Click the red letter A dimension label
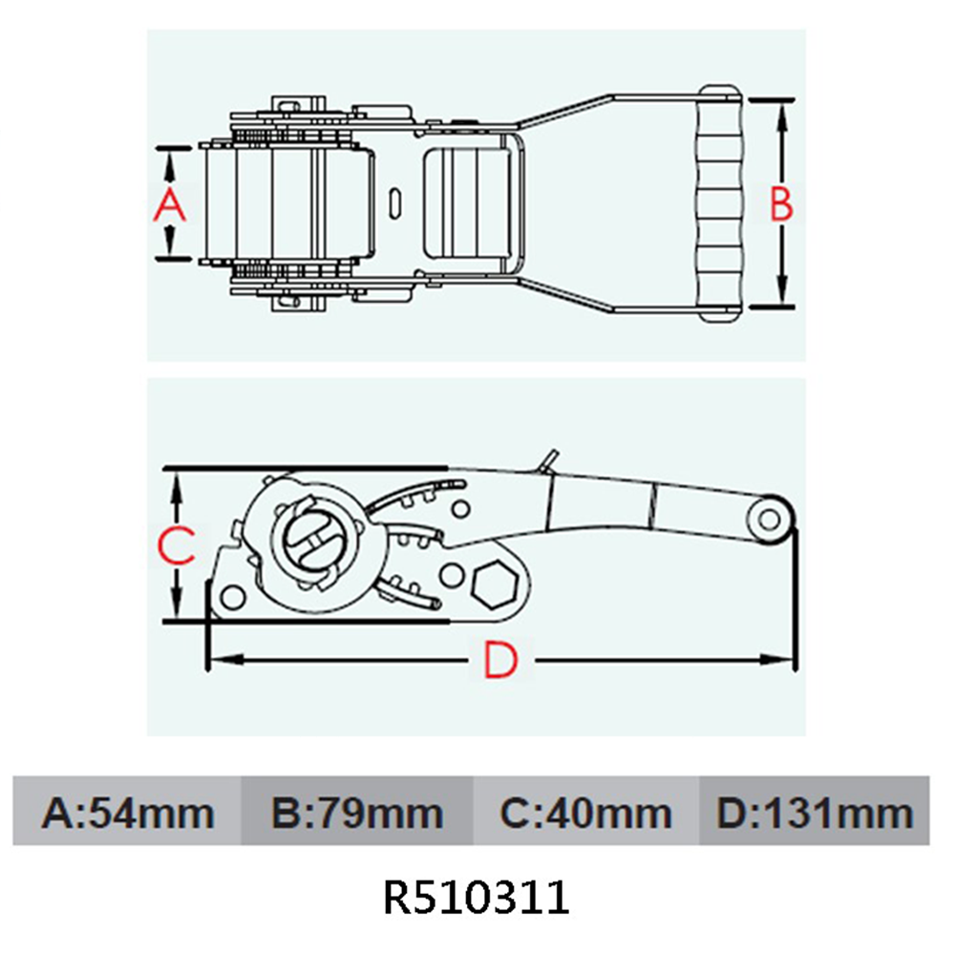169,204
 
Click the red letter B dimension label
781,204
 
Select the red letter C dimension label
176,545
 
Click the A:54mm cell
127,814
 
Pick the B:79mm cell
357,814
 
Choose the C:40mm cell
585,814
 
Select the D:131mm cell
814,814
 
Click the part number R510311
476,898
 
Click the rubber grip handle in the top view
721,202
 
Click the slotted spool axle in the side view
310,541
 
